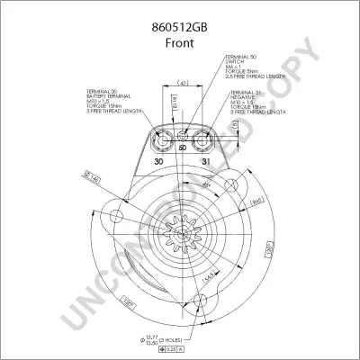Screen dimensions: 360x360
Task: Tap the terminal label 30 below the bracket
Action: [x=158, y=162]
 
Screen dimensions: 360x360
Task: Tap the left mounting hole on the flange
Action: [x=117, y=217]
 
